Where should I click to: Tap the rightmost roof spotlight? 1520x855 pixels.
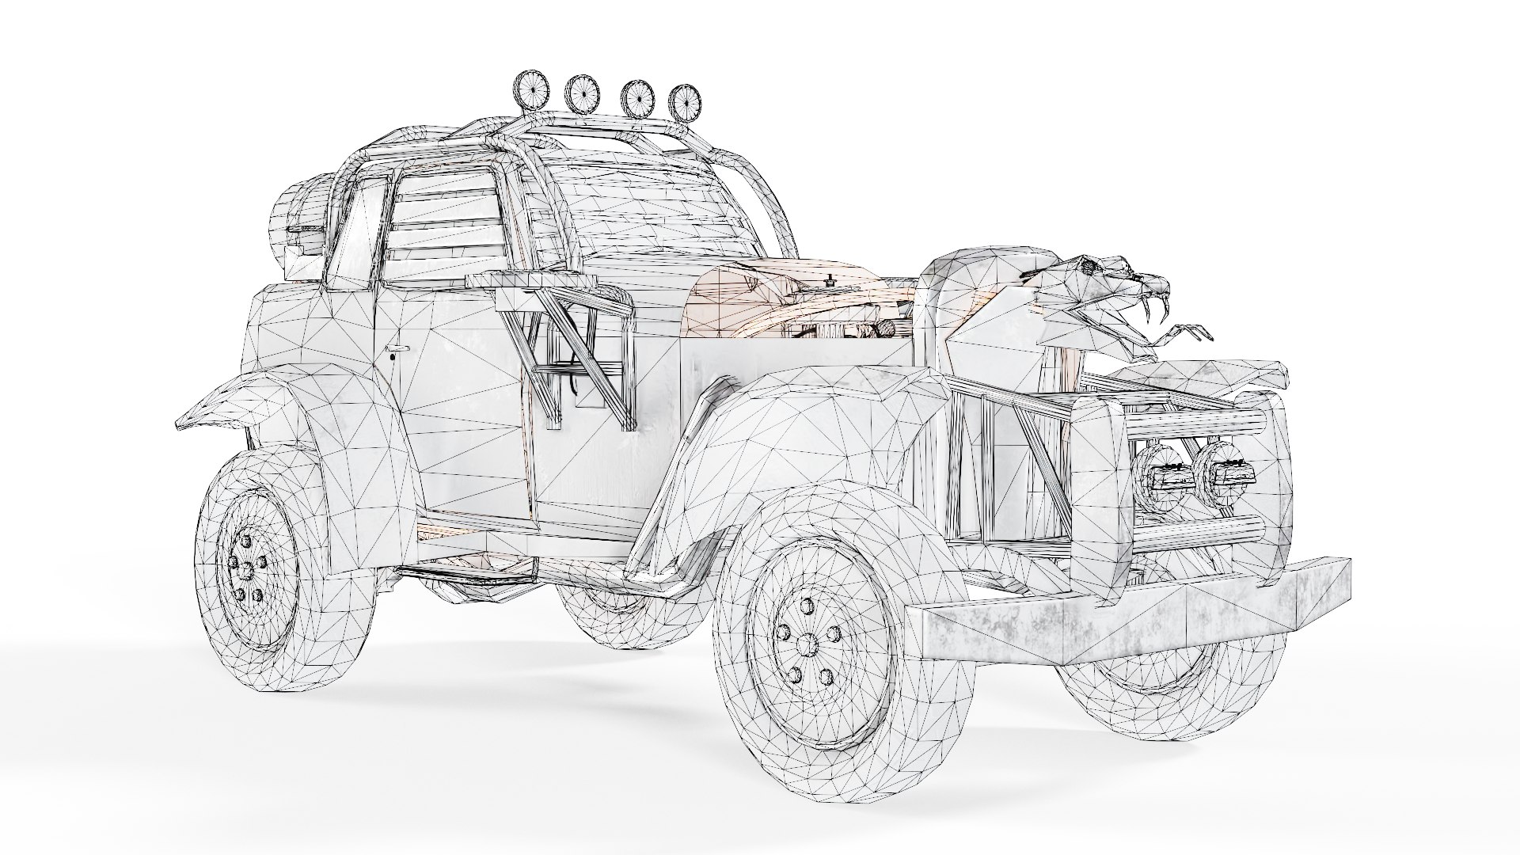point(685,101)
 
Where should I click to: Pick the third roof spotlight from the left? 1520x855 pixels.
point(635,95)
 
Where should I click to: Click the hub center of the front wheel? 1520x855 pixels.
point(807,645)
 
